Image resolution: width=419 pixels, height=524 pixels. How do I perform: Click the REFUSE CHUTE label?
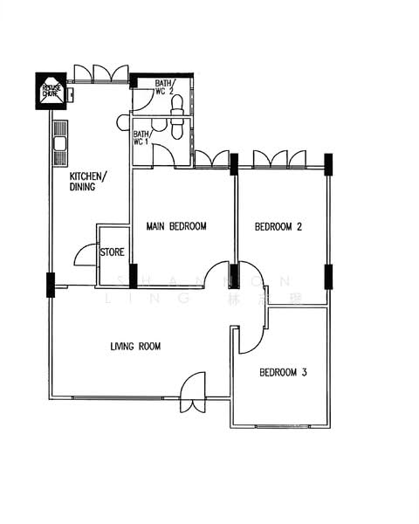pos(51,90)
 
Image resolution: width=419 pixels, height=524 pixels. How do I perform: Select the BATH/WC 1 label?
pos(141,137)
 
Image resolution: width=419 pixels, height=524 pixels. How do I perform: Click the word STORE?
pos(113,252)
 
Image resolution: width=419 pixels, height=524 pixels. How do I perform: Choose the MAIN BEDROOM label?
pos(175,227)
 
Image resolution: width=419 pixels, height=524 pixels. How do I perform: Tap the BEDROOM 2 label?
pos(278,227)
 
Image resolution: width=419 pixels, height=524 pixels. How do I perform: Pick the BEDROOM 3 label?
pos(282,373)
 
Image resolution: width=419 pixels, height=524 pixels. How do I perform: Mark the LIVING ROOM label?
pos(135,347)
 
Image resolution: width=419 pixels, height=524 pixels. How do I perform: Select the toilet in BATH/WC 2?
pos(178,106)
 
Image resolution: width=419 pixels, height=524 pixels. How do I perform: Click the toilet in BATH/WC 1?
pos(178,128)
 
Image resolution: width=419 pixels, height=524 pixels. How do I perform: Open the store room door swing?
pos(86,255)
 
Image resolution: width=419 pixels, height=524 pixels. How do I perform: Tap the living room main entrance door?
pos(192,391)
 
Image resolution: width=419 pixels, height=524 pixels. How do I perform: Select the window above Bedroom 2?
pos(279,159)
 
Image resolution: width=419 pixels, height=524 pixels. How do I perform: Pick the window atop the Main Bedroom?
pos(212,159)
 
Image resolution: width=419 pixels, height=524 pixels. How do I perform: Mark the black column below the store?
pos(133,276)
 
